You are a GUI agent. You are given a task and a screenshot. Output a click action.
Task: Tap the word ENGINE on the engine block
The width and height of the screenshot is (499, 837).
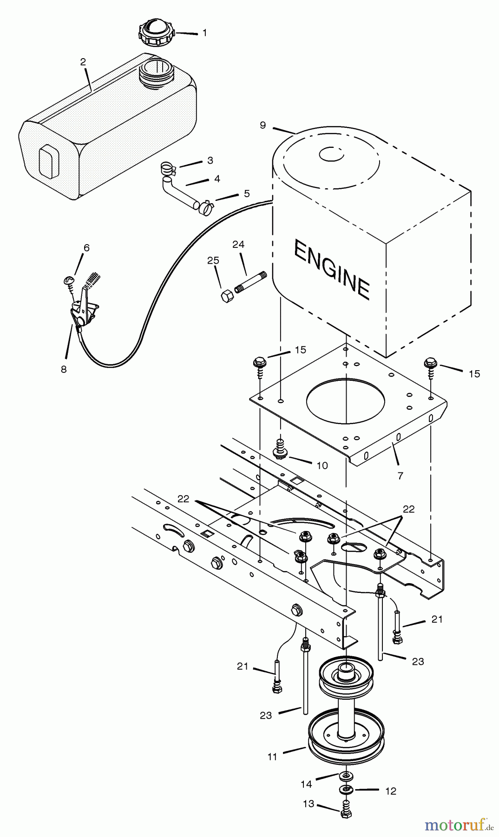(331, 269)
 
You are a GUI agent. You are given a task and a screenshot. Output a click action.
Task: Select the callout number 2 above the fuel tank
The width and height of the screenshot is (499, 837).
(83, 62)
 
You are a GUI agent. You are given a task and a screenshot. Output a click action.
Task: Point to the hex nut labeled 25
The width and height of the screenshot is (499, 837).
(227, 296)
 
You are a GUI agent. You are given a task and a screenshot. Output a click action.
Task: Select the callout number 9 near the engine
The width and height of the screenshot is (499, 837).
(263, 125)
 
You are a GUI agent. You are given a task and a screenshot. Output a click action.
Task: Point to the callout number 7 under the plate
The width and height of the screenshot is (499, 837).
(400, 475)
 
